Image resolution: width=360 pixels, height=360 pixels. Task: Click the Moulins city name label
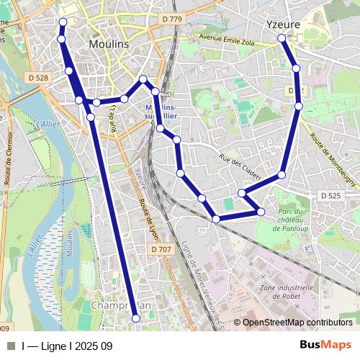[x=108, y=44]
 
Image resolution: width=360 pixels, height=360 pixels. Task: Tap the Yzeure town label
[x=282, y=24]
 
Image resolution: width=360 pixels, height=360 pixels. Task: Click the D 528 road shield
[x=40, y=77]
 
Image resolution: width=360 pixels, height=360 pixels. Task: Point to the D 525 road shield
[x=331, y=195]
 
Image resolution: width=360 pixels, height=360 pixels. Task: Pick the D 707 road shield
[x=161, y=249]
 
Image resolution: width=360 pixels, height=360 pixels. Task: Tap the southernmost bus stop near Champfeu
[x=136, y=318]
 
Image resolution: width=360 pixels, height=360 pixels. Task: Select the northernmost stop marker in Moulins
[x=62, y=22]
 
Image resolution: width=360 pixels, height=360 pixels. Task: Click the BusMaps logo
[x=326, y=346]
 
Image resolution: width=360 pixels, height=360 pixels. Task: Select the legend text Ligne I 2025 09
[x=67, y=346]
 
